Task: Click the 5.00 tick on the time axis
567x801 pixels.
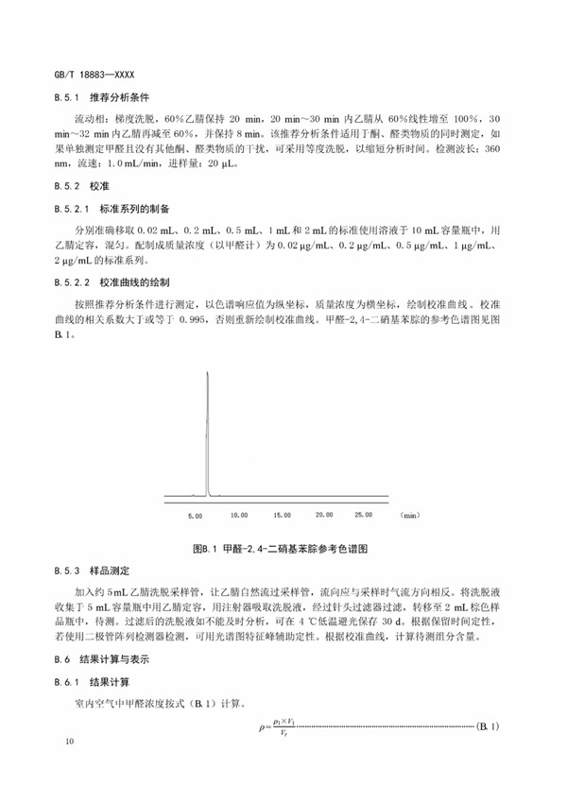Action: point(196,516)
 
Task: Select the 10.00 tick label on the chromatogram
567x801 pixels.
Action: point(238,516)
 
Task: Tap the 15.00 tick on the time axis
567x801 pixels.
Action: point(282,516)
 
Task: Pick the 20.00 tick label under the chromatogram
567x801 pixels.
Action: point(324,516)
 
